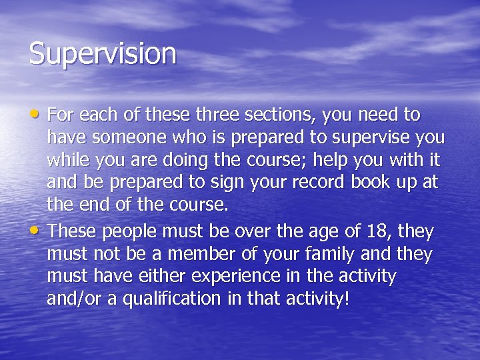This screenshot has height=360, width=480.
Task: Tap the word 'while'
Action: pos(67,160)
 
